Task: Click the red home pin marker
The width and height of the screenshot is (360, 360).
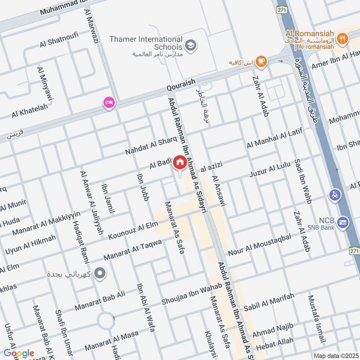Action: (180, 162)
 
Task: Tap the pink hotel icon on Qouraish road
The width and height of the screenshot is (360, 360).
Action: (108, 103)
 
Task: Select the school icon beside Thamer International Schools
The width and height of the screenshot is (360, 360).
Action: (191, 45)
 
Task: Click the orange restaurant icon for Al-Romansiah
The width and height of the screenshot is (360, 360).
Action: (343, 39)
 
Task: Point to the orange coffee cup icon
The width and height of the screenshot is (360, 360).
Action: (261, 61)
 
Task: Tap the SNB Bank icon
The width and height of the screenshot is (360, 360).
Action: (343, 222)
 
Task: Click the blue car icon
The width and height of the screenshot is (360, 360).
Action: (335, 195)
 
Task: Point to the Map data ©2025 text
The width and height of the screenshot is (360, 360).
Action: (335, 355)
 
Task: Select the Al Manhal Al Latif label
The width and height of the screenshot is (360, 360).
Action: (275, 138)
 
